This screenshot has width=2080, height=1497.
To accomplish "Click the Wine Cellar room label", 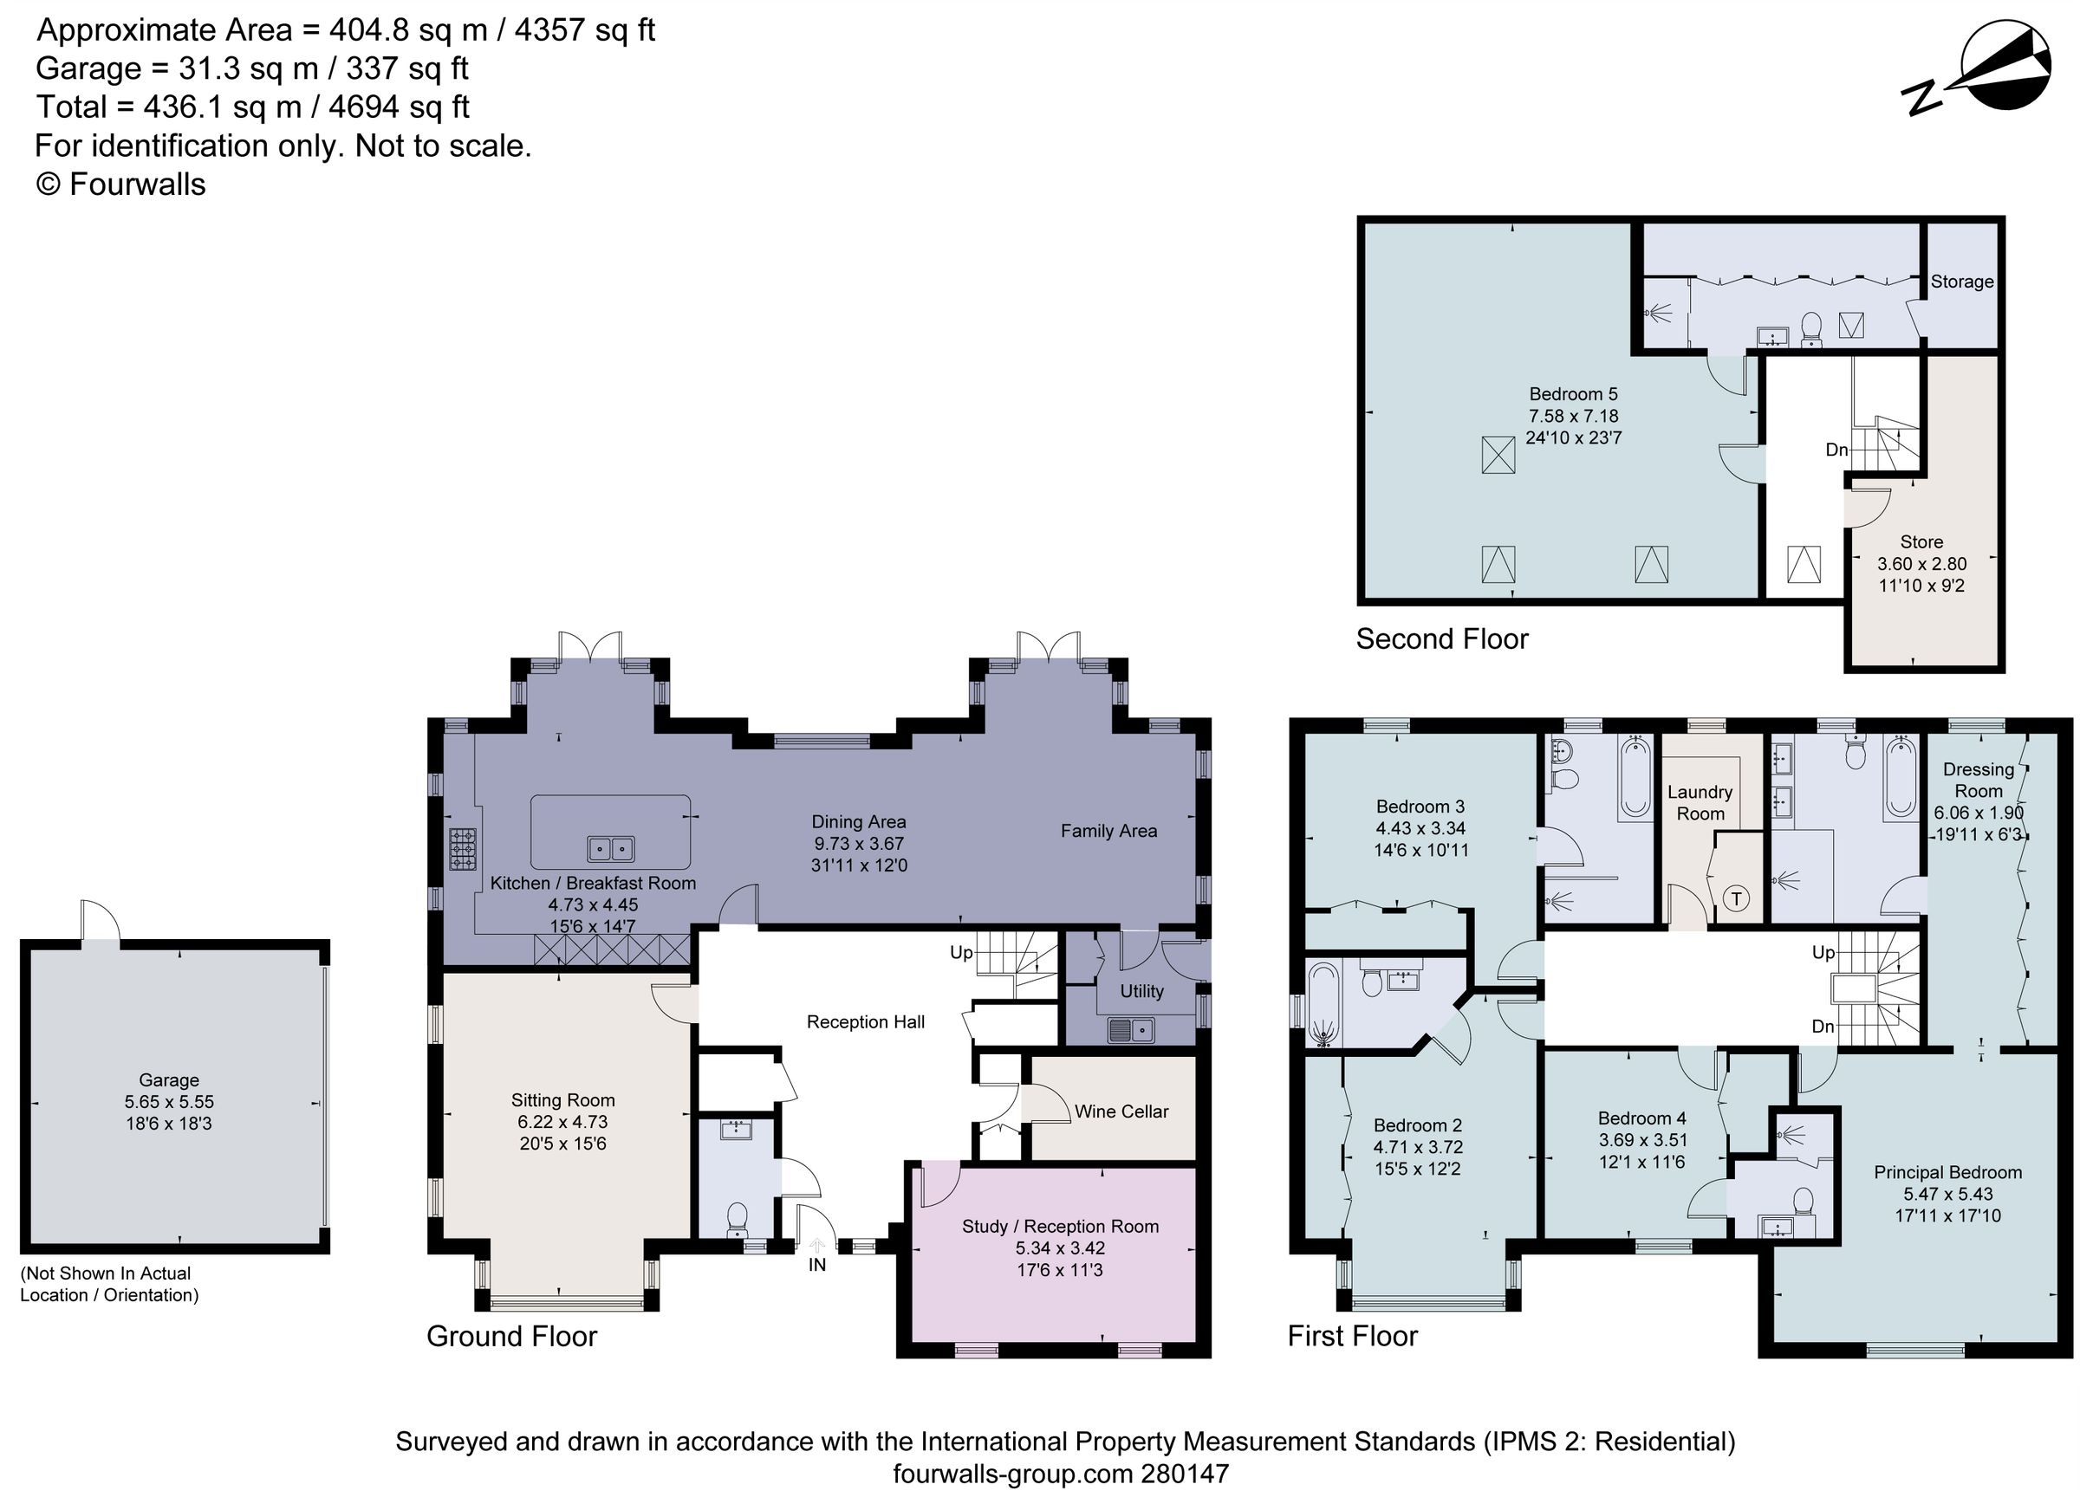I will pyautogui.click(x=1121, y=1111).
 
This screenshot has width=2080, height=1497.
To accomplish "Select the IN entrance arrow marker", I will pyautogui.click(x=816, y=1247).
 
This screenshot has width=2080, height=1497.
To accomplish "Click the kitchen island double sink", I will pyautogui.click(x=611, y=849).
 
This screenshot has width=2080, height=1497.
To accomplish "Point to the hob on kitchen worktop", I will pyautogui.click(x=462, y=849).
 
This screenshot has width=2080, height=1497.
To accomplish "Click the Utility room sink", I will pyautogui.click(x=1131, y=1030).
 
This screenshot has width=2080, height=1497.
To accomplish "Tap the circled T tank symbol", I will pyautogui.click(x=1735, y=898).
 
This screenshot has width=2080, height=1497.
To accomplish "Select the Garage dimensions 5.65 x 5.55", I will pyautogui.click(x=169, y=1102).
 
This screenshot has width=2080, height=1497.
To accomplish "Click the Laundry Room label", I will pyautogui.click(x=1700, y=802).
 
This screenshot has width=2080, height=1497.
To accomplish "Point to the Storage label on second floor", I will pyautogui.click(x=1961, y=282).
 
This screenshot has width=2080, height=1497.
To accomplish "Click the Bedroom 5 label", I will pyautogui.click(x=1573, y=394).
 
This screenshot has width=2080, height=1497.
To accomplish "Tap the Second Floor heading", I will pyautogui.click(x=1441, y=639).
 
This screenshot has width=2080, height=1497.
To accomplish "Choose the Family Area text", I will pyautogui.click(x=1108, y=831).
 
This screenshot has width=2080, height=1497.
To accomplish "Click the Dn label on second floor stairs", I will pyautogui.click(x=1836, y=450).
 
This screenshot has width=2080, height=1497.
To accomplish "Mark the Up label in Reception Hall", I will pyautogui.click(x=960, y=952).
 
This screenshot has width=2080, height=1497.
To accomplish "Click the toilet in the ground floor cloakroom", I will pyautogui.click(x=737, y=1218).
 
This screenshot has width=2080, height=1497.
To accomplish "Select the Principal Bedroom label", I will pyautogui.click(x=1947, y=1171).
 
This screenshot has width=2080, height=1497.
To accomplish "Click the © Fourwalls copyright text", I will pyautogui.click(x=121, y=185).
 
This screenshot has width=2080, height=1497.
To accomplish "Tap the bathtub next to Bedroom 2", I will pyautogui.click(x=1323, y=1005).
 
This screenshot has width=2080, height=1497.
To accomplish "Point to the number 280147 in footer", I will pyautogui.click(x=1184, y=1475).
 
